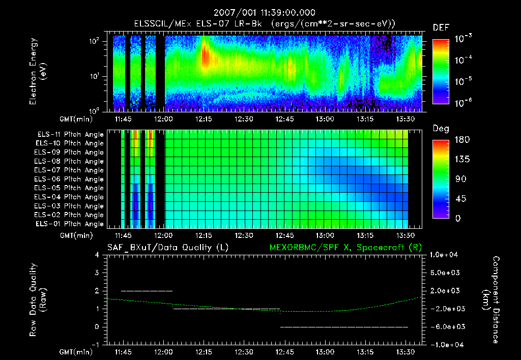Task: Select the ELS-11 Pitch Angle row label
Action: point(70,134)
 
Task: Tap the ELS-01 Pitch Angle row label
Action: point(69,224)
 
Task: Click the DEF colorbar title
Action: point(441,27)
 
